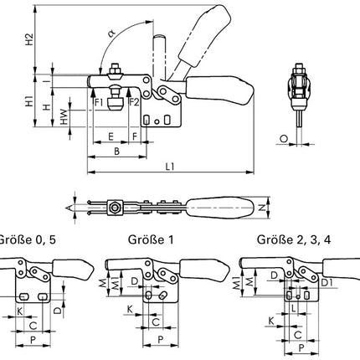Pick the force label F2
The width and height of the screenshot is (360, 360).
tap(133, 102)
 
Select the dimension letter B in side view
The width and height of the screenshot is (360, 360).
tap(116, 152)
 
